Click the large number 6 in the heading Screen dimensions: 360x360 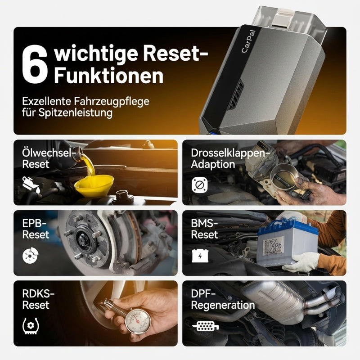(x=35, y=64)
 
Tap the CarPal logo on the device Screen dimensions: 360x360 (x=248, y=41)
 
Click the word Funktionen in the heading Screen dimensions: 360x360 (x=108, y=76)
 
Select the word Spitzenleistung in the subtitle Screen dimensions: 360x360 (x=75, y=112)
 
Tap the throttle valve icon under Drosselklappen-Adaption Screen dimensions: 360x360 (x=199, y=185)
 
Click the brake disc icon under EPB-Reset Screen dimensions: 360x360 (x=30, y=255)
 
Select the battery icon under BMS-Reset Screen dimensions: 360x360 (x=200, y=256)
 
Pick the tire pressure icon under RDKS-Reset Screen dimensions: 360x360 (x=31, y=326)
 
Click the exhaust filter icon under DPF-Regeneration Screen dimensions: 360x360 (x=205, y=326)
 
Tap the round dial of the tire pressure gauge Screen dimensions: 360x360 (x=138, y=321)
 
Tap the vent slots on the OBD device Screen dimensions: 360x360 (x=237, y=94)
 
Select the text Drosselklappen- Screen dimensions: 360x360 (x=229, y=153)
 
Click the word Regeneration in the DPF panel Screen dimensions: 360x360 (x=223, y=306)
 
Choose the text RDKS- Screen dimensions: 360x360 (x=38, y=294)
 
